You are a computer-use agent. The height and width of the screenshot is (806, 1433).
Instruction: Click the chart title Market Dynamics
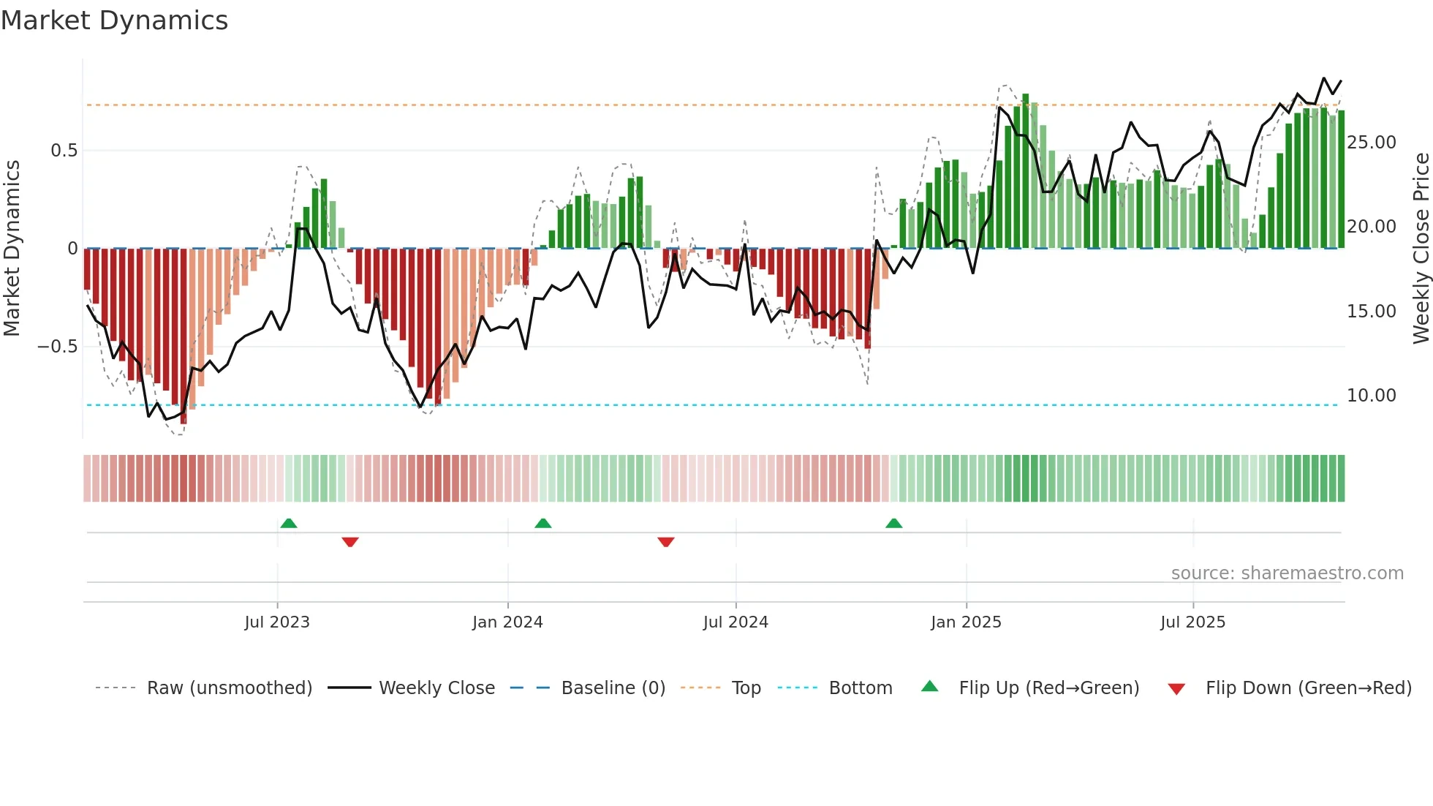[x=114, y=20]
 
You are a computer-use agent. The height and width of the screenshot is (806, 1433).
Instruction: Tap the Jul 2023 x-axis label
[x=277, y=622]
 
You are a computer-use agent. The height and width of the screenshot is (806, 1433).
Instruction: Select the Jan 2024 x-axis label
[x=507, y=622]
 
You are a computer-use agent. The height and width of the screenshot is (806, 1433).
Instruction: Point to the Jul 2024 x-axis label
[x=736, y=622]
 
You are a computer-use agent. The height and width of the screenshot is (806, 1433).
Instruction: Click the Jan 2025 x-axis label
[x=966, y=622]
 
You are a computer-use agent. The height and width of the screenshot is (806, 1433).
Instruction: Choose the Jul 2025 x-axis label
[x=1192, y=622]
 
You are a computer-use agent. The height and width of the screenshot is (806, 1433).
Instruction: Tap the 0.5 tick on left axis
[x=64, y=151]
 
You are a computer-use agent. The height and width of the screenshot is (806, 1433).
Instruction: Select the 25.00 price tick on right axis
[x=1372, y=143]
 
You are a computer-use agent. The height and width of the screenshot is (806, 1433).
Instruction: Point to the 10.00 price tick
[x=1372, y=396]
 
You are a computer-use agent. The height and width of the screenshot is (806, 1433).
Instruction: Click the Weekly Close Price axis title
[x=1421, y=249]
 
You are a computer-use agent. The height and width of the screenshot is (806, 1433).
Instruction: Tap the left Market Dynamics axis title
[x=12, y=249]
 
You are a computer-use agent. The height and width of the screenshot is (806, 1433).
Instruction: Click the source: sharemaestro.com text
[x=1287, y=573]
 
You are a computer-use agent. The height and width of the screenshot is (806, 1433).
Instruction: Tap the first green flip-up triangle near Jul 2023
[x=289, y=523]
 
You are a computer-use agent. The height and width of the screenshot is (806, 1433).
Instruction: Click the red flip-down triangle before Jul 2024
[x=665, y=542]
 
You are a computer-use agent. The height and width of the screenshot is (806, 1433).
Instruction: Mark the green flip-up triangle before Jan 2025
[x=893, y=523]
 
